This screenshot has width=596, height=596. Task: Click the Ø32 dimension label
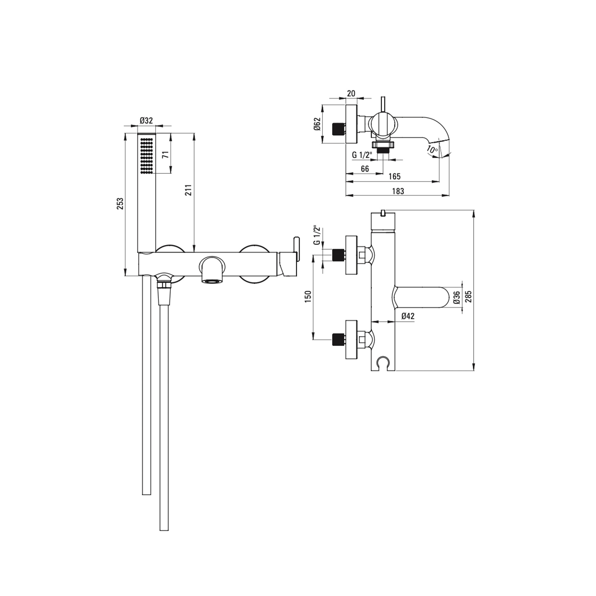[x=146, y=120]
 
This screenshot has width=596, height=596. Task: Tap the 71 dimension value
[x=166, y=155]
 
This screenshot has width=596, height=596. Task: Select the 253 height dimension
[x=120, y=204]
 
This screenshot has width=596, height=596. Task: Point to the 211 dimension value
[x=189, y=190]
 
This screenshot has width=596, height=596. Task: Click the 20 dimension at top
[x=351, y=93]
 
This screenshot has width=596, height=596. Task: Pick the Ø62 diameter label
[x=317, y=124]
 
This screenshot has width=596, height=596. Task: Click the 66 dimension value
[x=365, y=169]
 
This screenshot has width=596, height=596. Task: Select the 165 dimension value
[x=395, y=176]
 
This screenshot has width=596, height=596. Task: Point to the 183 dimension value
[x=398, y=191]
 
